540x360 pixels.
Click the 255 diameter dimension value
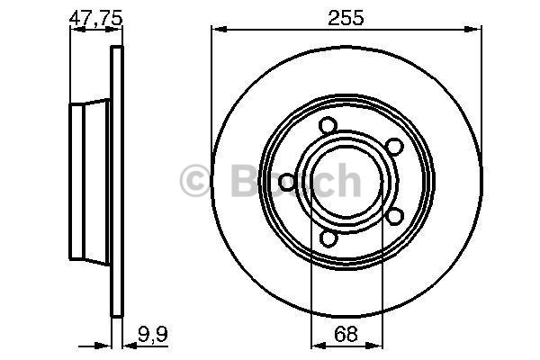[x=346, y=18]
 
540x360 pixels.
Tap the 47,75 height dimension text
[x=96, y=18]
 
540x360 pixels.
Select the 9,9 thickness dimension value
[x=153, y=335]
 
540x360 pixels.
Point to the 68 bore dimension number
[x=346, y=335]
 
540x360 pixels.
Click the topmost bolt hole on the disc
[x=328, y=125]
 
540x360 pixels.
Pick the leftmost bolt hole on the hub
[x=287, y=182]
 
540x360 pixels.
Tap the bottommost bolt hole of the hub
[x=328, y=238]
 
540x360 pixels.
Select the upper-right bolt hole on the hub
[x=394, y=147]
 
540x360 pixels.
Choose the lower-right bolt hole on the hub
[x=394, y=217]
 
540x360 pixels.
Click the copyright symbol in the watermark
[x=194, y=181]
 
